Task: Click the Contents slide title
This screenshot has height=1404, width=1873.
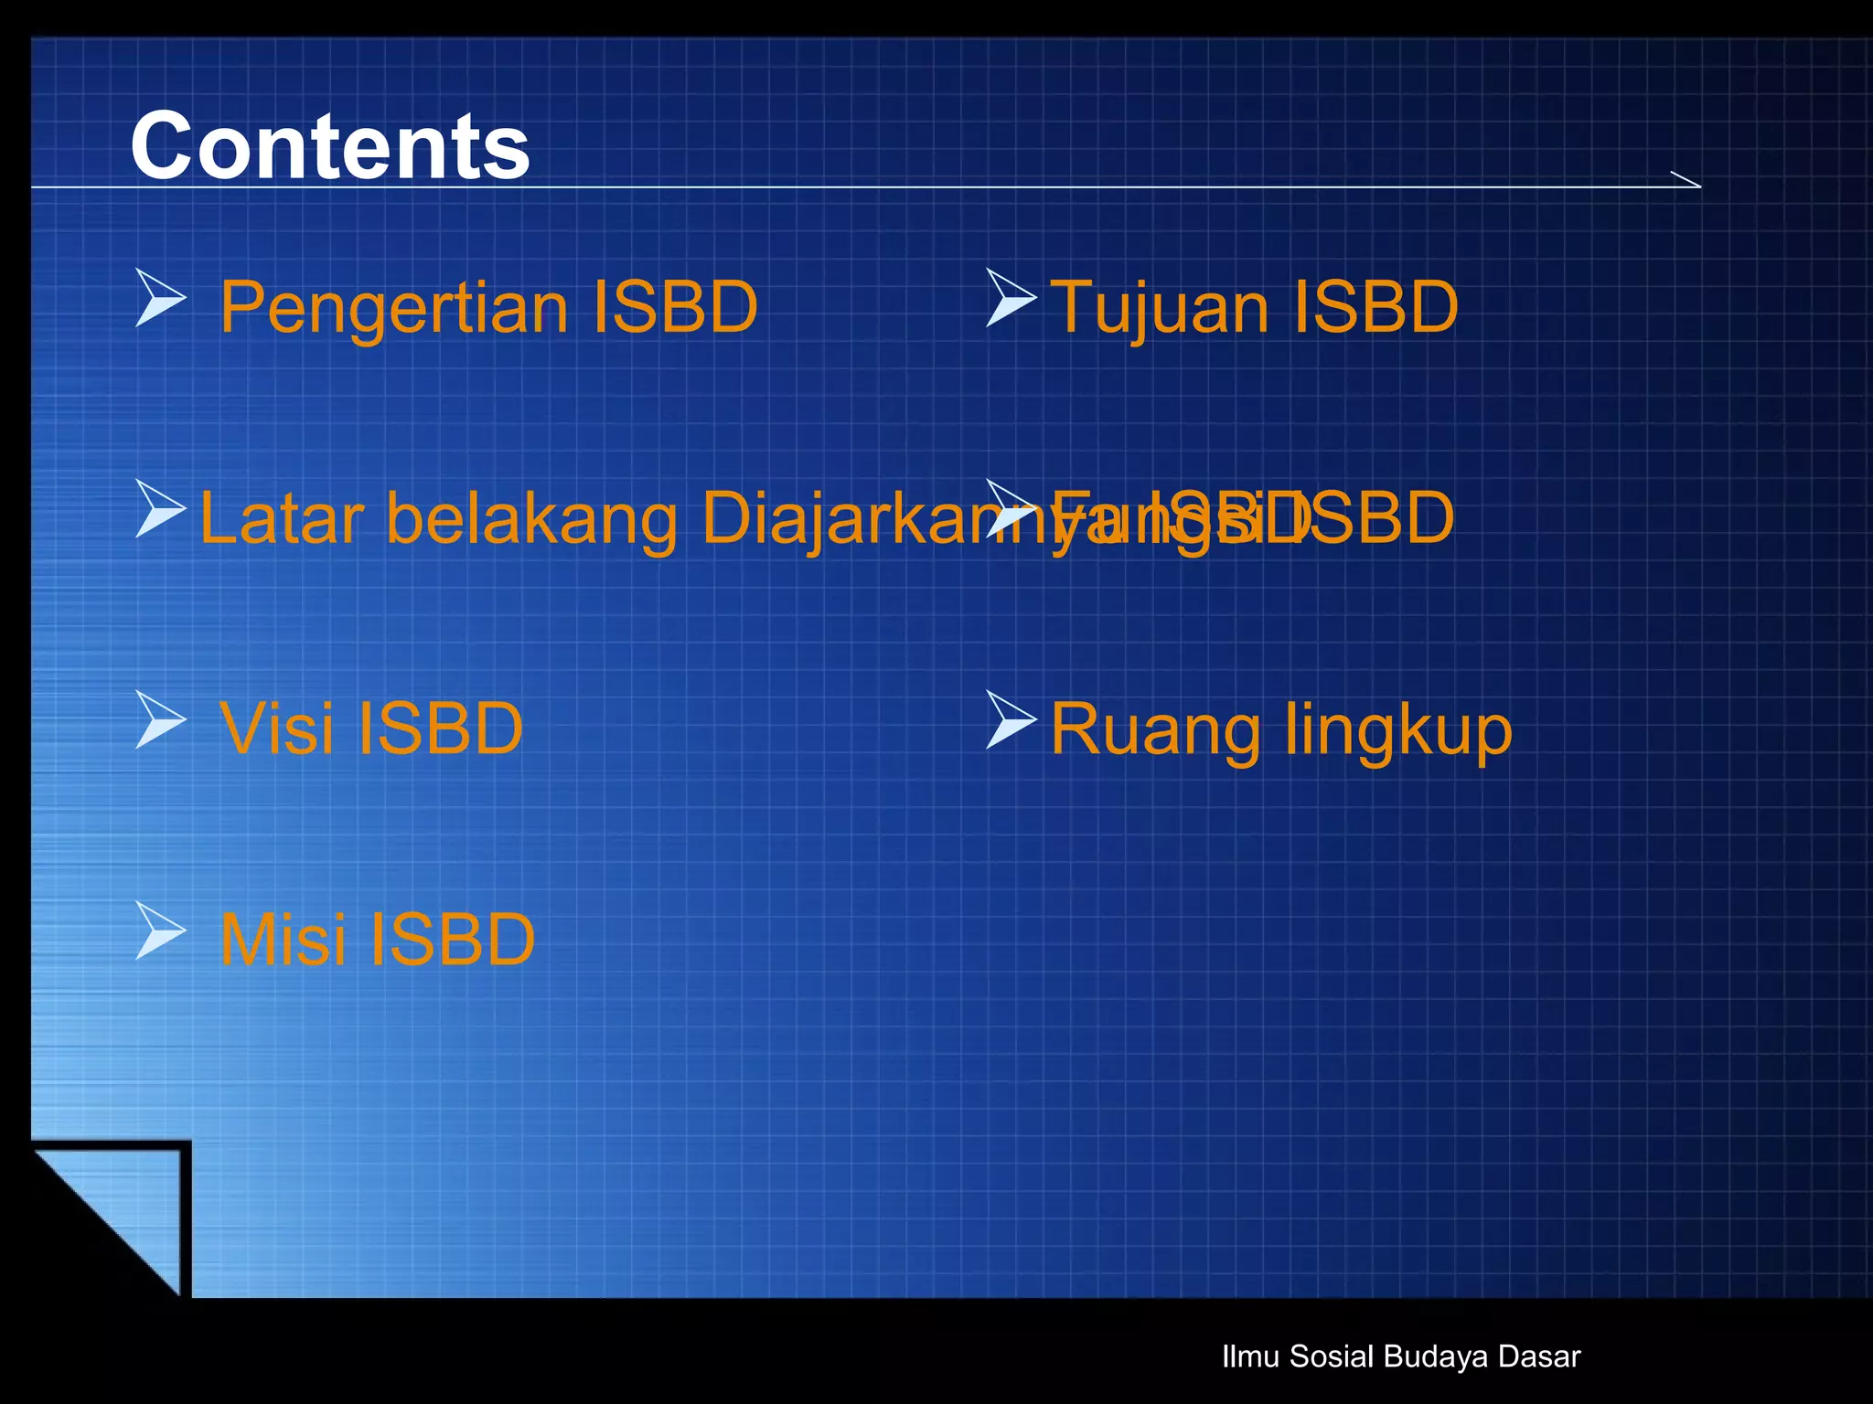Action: tap(330, 146)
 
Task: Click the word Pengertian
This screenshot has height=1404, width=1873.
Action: tap(393, 308)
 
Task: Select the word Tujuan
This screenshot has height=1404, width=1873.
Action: tap(1157, 308)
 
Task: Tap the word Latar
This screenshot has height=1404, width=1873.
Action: tap(282, 518)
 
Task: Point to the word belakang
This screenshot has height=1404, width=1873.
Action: tap(532, 518)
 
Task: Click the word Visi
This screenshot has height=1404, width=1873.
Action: tap(276, 729)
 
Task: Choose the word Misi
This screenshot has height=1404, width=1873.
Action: tap(283, 940)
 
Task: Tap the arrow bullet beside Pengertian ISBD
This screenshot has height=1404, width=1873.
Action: tap(159, 298)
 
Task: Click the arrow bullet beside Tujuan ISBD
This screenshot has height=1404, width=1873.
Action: tap(1010, 298)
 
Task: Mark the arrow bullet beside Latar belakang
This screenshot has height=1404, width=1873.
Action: tap(159, 508)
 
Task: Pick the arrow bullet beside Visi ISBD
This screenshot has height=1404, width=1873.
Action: tap(159, 719)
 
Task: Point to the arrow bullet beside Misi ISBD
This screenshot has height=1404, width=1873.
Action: tap(159, 931)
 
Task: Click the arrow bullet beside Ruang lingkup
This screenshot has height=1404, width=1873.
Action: tap(1010, 719)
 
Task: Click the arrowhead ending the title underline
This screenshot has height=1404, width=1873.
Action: tap(1686, 180)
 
